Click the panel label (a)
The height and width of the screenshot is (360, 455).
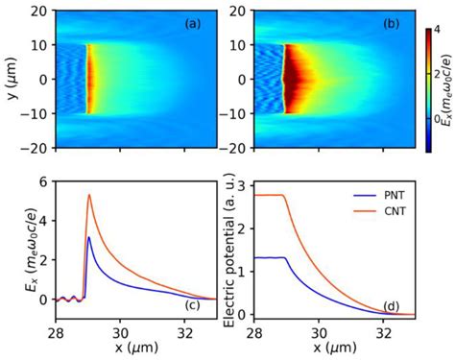tap(192, 21)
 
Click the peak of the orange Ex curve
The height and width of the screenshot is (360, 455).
tap(88, 195)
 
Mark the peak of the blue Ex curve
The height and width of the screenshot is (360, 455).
tap(88, 237)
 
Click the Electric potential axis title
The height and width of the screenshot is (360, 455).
tap(227, 249)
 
